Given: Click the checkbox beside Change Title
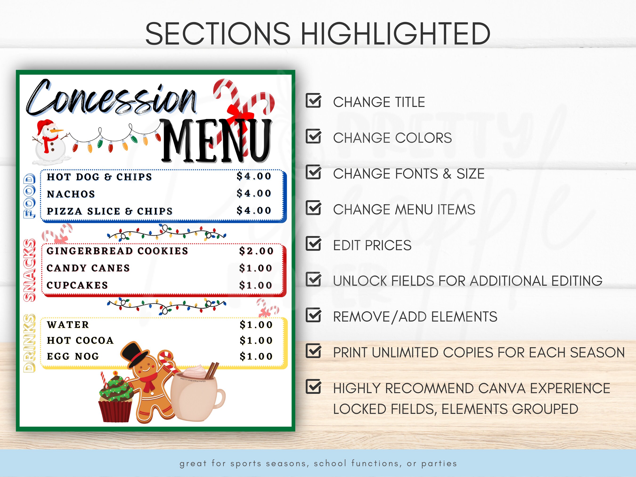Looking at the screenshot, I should [x=313, y=101].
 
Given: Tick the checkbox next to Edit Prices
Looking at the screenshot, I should [x=313, y=244].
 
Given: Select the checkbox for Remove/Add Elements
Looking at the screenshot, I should [x=313, y=315].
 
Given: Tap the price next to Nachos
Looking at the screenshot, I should [x=254, y=193].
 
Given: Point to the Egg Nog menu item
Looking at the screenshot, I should [x=73, y=356].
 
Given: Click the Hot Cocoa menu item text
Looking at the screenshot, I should [x=80, y=340].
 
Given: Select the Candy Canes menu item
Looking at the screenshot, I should [x=88, y=268].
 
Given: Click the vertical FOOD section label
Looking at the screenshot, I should [x=29, y=196].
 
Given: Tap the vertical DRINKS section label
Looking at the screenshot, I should [x=29, y=343].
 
